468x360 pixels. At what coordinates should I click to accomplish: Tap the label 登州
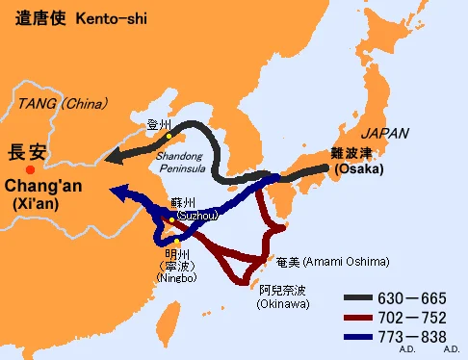(x=158, y=124)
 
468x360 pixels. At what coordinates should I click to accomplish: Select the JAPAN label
(x=384, y=133)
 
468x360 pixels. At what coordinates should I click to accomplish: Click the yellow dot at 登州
(x=168, y=136)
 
